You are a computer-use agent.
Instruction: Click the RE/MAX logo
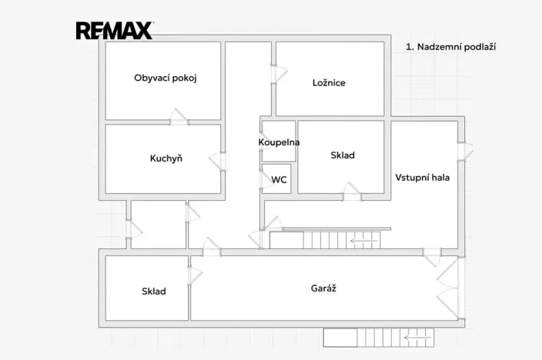click(x=115, y=31)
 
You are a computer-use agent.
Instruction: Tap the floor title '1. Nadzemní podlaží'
click(x=450, y=47)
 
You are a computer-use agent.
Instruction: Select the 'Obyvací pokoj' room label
click(x=166, y=78)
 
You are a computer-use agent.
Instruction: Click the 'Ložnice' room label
click(x=329, y=82)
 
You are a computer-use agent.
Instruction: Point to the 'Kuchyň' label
click(x=166, y=158)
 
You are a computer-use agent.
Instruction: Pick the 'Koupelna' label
click(x=279, y=142)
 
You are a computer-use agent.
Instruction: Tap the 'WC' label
click(x=279, y=180)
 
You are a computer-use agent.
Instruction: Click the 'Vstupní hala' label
click(x=423, y=178)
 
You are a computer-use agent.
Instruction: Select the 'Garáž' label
click(x=323, y=288)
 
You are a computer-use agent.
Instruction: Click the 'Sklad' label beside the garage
click(x=154, y=292)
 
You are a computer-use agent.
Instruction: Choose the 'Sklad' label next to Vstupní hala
click(x=343, y=155)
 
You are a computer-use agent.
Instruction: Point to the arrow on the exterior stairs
click(x=415, y=338)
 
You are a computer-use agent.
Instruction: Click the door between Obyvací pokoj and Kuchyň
click(x=179, y=117)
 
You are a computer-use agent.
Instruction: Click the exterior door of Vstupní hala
click(x=465, y=152)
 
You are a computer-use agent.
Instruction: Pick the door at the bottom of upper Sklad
click(x=352, y=192)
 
